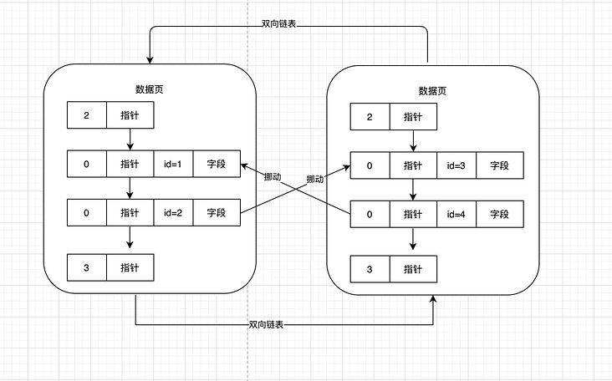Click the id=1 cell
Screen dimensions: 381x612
point(173,164)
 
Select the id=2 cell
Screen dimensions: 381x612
point(173,213)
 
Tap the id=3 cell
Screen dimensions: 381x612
point(456,165)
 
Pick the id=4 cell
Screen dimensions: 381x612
point(456,214)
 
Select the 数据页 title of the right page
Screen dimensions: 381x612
point(432,90)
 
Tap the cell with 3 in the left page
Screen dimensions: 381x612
point(87,267)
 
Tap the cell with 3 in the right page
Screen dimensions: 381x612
point(370,269)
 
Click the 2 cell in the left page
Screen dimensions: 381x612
point(87,114)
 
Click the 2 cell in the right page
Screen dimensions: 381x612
point(370,116)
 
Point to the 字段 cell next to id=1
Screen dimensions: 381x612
point(217,164)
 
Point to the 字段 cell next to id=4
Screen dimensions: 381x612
point(499,214)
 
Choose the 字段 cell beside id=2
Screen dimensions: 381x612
point(217,213)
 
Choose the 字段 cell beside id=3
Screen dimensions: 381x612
point(499,165)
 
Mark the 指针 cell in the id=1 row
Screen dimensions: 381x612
point(130,164)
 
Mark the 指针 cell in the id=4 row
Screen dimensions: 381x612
point(413,214)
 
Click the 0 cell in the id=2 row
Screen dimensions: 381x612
point(87,213)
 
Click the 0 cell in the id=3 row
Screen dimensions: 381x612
point(370,165)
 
